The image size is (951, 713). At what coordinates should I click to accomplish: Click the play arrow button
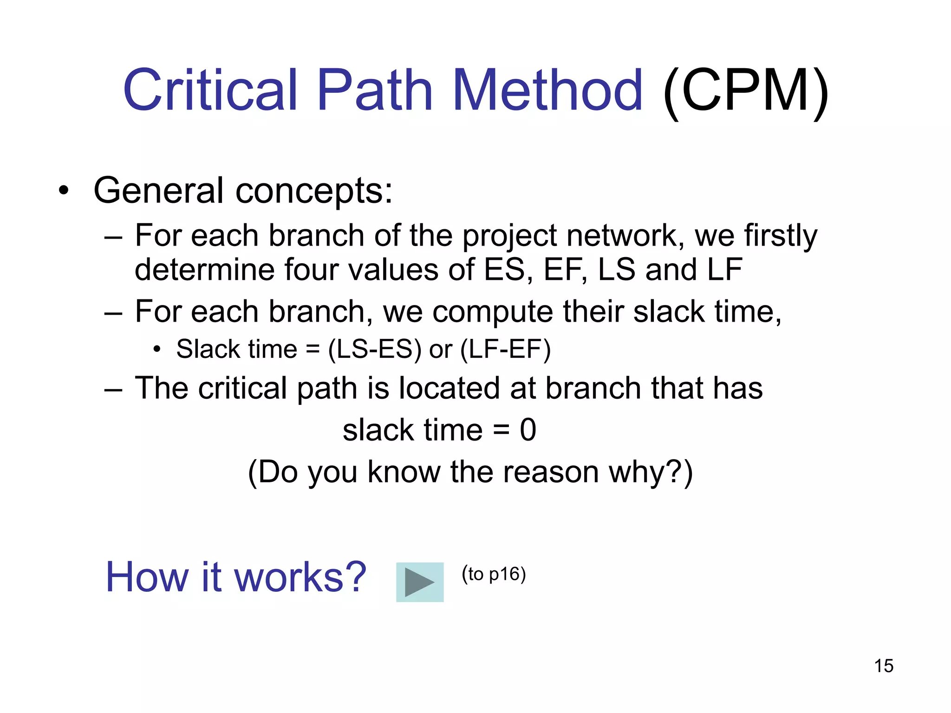pos(419,582)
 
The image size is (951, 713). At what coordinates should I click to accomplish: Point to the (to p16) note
pos(494,574)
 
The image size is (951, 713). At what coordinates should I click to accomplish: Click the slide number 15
pos(883,666)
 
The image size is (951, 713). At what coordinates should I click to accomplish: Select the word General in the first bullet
pos(158,190)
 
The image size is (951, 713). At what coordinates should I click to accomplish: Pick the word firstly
pos(780,236)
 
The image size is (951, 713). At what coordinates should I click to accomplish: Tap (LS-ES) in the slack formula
pos(375,349)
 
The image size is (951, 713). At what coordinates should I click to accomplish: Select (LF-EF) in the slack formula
pos(505,349)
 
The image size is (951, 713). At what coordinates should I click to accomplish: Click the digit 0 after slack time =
pos(528,430)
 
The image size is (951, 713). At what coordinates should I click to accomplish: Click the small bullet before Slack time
pos(157,350)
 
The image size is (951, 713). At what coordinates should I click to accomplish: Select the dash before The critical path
pos(113,389)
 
